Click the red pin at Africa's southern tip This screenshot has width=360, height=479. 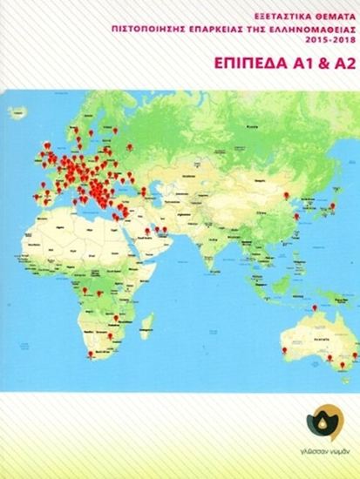92,353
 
